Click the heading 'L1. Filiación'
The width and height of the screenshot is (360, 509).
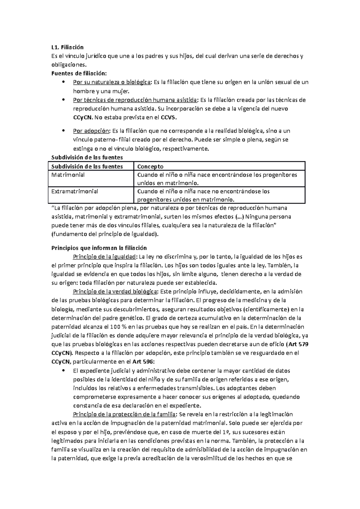67,47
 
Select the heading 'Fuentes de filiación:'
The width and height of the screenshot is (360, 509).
79,73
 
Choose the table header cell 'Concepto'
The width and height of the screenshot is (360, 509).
150,166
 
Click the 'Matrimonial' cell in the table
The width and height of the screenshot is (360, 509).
68,175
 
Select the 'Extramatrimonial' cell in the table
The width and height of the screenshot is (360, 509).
75,191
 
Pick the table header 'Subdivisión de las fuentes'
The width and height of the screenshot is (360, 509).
87,166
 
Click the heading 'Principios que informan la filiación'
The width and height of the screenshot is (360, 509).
99,248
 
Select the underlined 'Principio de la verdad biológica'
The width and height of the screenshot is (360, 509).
115,291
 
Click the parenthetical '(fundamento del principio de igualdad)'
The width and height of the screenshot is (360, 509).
105,234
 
